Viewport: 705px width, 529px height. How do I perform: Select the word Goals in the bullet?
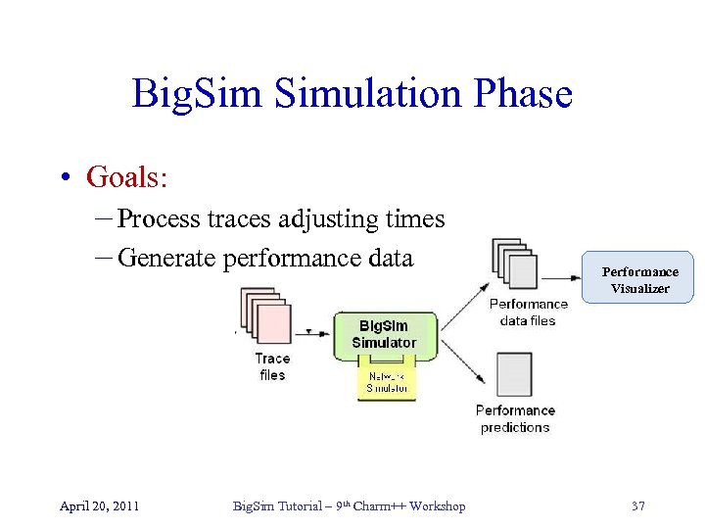(x=126, y=176)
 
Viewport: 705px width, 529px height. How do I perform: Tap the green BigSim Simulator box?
(x=385, y=334)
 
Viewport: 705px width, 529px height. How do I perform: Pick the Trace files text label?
(x=272, y=366)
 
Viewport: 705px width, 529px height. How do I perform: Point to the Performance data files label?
(x=528, y=312)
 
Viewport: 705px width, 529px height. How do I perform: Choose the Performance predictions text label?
(x=515, y=418)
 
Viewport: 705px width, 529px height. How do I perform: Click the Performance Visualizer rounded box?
(x=639, y=279)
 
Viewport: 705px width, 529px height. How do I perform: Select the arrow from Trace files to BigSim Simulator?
(x=314, y=332)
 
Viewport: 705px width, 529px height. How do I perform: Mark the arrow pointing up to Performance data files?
(x=465, y=303)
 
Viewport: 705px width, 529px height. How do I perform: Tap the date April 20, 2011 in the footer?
(x=99, y=505)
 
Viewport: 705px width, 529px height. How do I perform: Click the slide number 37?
(x=638, y=505)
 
